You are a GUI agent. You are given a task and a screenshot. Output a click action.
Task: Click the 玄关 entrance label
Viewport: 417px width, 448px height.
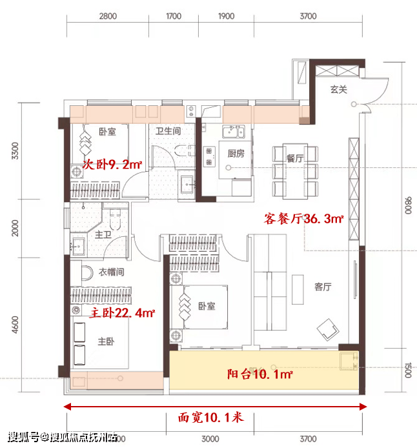339,90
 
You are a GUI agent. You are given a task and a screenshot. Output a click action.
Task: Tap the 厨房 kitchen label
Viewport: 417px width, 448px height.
236,154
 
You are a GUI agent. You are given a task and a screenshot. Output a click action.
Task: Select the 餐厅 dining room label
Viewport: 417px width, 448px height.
295,158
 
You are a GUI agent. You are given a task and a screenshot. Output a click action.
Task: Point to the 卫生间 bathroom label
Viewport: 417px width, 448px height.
168,131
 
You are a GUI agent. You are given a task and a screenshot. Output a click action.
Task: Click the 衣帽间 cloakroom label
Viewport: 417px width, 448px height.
112,272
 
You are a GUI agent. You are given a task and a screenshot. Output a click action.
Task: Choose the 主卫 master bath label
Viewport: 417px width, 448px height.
103,235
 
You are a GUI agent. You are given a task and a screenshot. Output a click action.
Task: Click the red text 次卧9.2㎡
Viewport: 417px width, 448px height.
112,165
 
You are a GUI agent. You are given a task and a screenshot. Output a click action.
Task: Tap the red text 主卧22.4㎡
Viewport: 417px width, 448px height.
122,313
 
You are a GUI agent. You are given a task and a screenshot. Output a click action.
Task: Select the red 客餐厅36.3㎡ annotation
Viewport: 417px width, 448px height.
303,219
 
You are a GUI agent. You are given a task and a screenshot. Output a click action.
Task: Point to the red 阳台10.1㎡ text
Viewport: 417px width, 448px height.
260,374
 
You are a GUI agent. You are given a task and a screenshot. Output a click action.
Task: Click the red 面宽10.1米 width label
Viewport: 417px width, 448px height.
211,418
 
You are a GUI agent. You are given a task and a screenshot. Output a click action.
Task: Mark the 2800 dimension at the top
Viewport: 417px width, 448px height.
108,16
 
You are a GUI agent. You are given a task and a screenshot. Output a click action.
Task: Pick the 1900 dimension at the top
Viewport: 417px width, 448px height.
226,16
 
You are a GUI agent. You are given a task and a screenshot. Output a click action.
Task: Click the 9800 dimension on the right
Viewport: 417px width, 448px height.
409,205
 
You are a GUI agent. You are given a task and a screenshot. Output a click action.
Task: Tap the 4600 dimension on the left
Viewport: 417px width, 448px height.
15,325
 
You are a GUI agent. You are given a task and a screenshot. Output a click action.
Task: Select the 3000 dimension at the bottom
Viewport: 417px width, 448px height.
210,439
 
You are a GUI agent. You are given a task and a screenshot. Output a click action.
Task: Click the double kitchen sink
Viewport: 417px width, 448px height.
234,132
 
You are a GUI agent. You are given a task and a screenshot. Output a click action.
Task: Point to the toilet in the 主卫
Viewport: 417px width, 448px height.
115,219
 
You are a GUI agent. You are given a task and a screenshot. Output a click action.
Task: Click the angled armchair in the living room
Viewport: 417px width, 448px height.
328,329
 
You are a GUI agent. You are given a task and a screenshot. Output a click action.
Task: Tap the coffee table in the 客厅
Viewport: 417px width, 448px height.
298,289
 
